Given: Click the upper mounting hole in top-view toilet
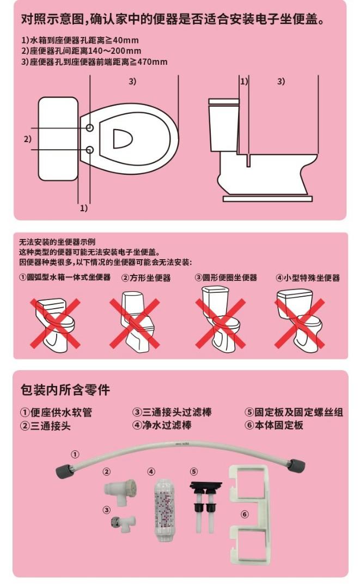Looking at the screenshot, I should click(90, 127).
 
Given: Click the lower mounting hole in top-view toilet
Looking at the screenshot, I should click(90, 149).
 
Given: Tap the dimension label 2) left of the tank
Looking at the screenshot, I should click(27, 139).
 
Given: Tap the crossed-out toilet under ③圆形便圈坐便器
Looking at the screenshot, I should click(221, 321).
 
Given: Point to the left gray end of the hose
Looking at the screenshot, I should click(64, 469).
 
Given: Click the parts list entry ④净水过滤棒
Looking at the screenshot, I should click(162, 425).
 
